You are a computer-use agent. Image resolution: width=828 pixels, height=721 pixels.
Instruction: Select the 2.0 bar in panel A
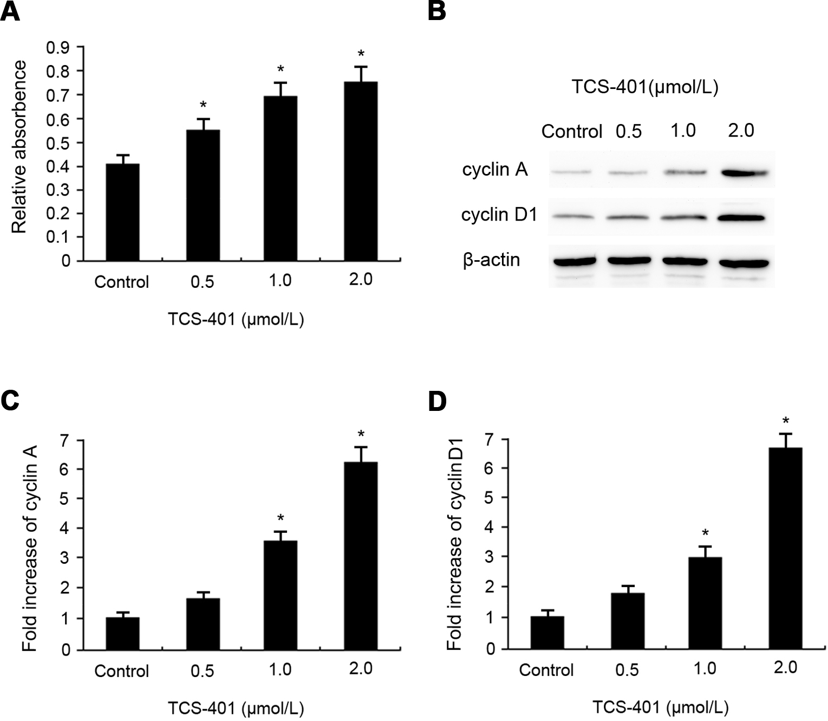361,171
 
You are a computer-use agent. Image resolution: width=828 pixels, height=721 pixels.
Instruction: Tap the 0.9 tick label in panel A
58,48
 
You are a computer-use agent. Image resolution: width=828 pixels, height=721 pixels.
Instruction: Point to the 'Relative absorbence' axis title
19,147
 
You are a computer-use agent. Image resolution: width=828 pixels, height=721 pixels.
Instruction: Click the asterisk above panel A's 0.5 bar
203,105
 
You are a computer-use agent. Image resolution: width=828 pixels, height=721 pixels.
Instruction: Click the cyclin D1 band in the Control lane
572,217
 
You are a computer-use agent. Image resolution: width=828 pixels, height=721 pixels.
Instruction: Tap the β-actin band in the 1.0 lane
684,261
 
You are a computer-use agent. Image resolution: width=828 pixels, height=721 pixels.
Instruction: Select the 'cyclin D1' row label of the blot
499,215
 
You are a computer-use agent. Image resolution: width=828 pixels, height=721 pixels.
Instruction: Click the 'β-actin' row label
491,260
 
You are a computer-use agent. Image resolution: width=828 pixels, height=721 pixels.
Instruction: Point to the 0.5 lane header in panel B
628,131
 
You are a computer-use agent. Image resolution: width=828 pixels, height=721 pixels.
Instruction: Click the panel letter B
436,11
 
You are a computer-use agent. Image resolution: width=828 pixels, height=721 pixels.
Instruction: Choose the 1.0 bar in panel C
281,595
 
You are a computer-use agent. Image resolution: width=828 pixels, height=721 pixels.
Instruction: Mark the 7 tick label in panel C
66,440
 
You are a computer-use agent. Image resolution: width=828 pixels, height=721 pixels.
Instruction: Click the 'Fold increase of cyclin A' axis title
30,548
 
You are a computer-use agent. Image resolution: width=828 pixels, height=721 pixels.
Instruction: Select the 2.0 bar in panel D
785,548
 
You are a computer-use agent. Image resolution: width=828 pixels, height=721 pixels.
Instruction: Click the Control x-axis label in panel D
546,670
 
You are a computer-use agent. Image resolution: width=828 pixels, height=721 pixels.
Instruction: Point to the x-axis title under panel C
236,708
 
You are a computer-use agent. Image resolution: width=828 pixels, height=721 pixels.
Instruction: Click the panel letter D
437,402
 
